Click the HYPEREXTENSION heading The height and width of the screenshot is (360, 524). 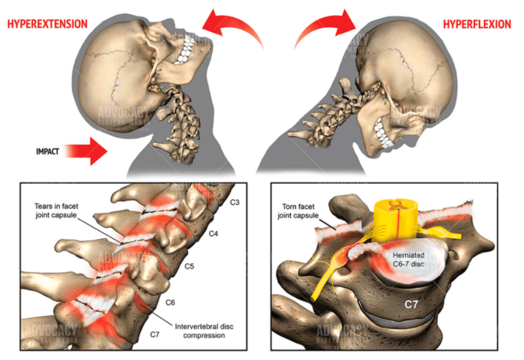click(x=47, y=24)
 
